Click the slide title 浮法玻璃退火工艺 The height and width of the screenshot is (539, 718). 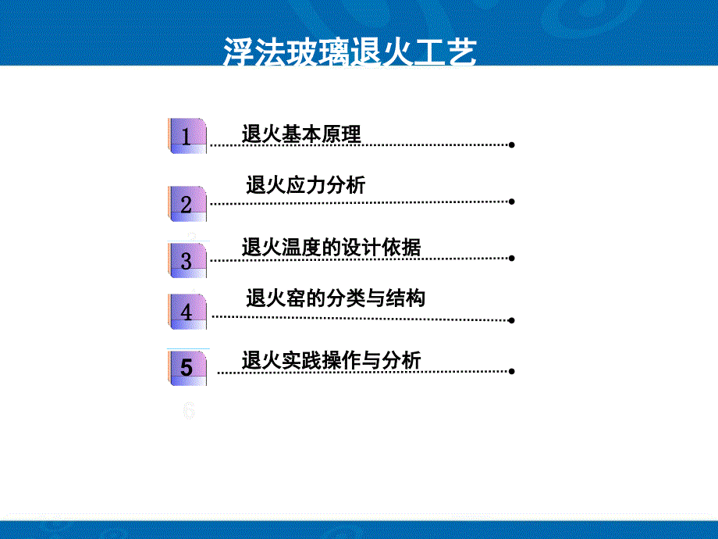(x=350, y=52)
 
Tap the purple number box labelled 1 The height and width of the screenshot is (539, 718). (x=187, y=136)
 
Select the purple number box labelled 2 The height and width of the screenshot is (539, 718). (x=187, y=204)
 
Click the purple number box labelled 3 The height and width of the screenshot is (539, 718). (x=187, y=260)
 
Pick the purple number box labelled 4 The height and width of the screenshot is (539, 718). (x=187, y=312)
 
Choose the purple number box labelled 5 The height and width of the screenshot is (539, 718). (x=187, y=368)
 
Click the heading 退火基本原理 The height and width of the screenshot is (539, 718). (x=301, y=134)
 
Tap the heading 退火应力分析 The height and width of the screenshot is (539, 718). (x=305, y=184)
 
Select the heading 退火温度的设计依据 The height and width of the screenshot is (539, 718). (x=331, y=248)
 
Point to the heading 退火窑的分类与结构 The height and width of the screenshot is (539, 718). (x=336, y=298)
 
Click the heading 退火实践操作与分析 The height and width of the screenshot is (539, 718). (x=331, y=360)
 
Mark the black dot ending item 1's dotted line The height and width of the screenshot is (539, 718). (x=511, y=145)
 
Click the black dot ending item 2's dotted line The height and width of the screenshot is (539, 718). (x=511, y=202)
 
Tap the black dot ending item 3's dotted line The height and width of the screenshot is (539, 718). (x=511, y=258)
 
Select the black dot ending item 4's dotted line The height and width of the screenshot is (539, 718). (x=511, y=320)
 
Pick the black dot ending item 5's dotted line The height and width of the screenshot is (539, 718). (x=511, y=371)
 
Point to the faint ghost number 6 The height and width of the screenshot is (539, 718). (x=189, y=410)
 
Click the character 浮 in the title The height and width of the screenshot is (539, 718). (x=239, y=52)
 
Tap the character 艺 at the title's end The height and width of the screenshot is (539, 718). (x=461, y=52)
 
